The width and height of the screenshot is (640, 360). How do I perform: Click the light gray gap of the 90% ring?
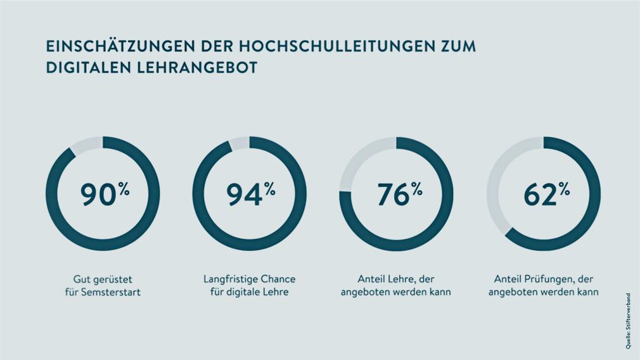pyautogui.click(x=86, y=146)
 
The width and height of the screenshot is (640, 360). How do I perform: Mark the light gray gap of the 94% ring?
pyautogui.click(x=239, y=143)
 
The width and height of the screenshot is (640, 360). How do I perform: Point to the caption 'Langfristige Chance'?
pyautogui.click(x=249, y=279)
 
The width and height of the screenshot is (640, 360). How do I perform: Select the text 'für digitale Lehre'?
pyautogui.click(x=249, y=292)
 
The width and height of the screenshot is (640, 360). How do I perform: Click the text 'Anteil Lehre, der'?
pyautogui.click(x=395, y=279)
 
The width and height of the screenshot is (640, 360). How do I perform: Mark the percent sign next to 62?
pyautogui.click(x=563, y=188)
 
